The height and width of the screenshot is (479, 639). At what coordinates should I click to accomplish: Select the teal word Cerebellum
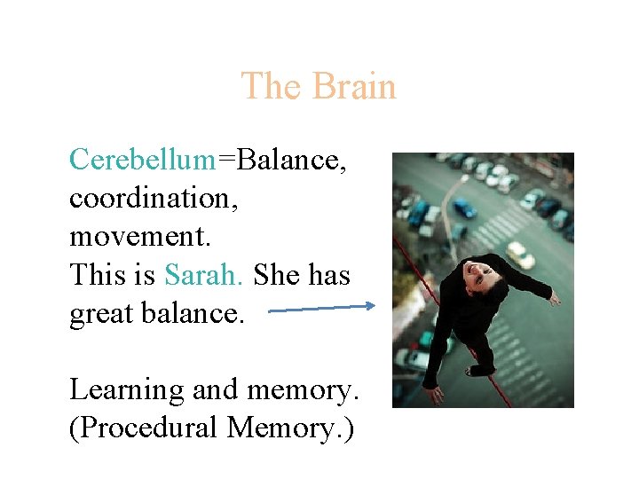(142, 160)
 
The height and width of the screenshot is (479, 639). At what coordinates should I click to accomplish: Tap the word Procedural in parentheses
(145, 428)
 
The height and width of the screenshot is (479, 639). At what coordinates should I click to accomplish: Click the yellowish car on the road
(520, 255)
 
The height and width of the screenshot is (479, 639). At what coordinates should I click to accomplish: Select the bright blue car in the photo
(464, 209)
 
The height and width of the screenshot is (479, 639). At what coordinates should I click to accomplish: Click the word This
(99, 275)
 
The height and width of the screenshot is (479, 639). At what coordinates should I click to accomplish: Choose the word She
(276, 275)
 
